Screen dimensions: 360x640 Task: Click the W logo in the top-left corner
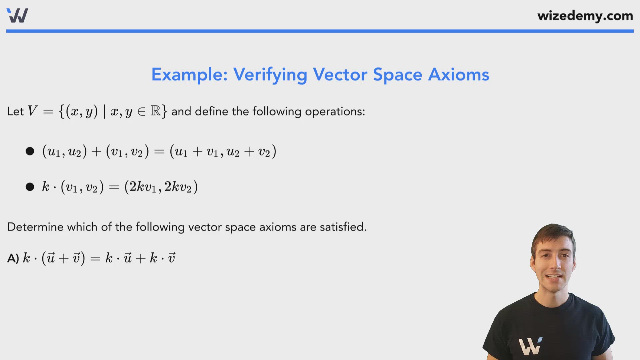[x=17, y=15]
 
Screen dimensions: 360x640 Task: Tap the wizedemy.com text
[x=585, y=16]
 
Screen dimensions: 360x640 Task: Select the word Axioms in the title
[x=459, y=74]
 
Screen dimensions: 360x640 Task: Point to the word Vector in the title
[x=340, y=74]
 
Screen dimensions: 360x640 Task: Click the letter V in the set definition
[x=32, y=111]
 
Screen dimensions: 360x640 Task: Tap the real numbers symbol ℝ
[x=155, y=111]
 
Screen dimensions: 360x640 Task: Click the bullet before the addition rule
[x=30, y=151]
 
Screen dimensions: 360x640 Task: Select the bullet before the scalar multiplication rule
[x=30, y=187]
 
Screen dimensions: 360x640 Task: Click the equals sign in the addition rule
[x=159, y=152]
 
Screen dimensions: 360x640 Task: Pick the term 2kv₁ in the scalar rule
[x=143, y=187]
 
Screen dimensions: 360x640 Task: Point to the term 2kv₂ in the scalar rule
[x=178, y=187]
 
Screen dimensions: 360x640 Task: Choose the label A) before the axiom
[x=13, y=258]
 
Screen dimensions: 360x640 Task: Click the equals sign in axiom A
[x=95, y=258]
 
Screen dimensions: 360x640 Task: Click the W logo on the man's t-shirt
[x=530, y=346]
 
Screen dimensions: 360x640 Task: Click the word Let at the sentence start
[x=15, y=111]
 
